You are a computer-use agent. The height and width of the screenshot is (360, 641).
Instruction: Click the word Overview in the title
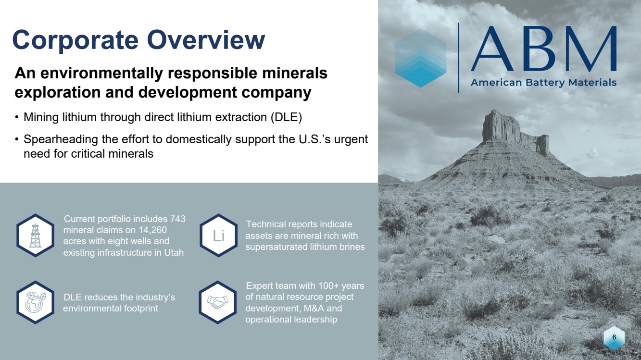tap(206, 40)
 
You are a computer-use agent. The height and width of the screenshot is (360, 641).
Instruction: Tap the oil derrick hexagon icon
tap(36, 236)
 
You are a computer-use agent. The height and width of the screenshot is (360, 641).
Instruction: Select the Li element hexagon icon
tap(219, 236)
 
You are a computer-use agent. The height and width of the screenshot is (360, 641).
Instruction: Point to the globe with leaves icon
tap(36, 302)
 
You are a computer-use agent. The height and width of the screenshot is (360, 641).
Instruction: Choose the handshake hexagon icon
tap(218, 302)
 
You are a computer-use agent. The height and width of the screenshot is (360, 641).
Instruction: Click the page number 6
tap(614, 337)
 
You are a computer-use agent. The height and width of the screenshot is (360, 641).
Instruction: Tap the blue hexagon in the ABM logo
tap(420, 58)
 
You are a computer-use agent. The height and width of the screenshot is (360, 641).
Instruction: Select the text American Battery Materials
tap(543, 83)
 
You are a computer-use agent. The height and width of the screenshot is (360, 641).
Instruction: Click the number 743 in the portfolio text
tap(178, 219)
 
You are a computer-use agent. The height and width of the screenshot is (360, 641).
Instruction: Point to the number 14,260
tap(152, 230)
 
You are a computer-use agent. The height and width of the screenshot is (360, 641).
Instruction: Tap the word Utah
tap(174, 252)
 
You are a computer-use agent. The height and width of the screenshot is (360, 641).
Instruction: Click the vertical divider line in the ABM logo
tap(459, 58)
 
